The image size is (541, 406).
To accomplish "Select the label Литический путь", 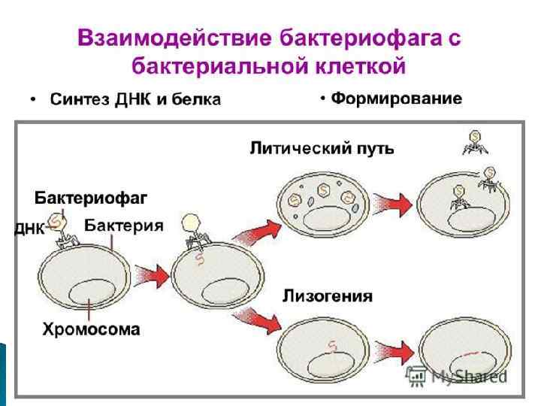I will (x=322, y=148).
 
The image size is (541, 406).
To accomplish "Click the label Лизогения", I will (x=327, y=295).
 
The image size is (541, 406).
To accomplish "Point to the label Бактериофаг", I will (x=90, y=198).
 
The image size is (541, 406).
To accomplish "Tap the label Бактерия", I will (x=123, y=225).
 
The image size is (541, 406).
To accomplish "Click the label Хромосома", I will (x=91, y=329).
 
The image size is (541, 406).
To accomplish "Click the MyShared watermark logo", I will (x=458, y=377).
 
